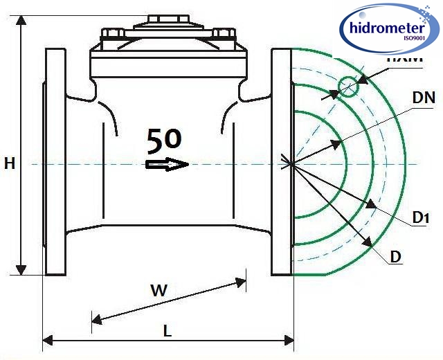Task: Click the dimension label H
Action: point(10,163)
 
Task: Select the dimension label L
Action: point(167,331)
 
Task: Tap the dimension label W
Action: point(159,291)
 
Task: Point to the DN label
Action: point(423,98)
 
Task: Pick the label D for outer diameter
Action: point(396,257)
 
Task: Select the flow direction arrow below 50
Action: point(167,164)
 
